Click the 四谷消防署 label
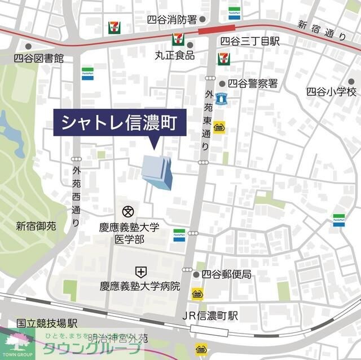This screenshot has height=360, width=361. point(171,20)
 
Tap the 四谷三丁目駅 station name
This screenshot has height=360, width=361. point(250,41)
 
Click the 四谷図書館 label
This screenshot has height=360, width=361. point(39,58)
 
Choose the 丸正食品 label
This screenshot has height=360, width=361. point(175,56)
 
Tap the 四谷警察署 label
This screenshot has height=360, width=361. point(256,83)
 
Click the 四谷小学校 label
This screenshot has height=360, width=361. point(331,91)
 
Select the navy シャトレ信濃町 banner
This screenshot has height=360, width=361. point(120,122)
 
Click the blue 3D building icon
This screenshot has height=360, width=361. point(157,171)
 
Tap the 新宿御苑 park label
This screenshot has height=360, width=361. point(36,226)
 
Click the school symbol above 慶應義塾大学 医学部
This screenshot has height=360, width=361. point(128,212)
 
